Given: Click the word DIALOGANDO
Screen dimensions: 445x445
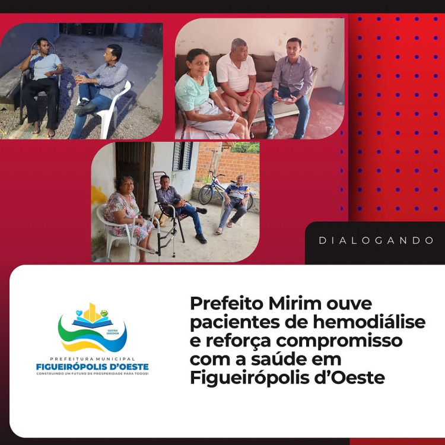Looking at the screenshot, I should click(377, 241).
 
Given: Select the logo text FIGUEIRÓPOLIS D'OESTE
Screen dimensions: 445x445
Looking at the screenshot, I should click(92, 367).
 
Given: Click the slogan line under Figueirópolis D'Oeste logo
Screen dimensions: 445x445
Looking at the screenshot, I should click(92, 374).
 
